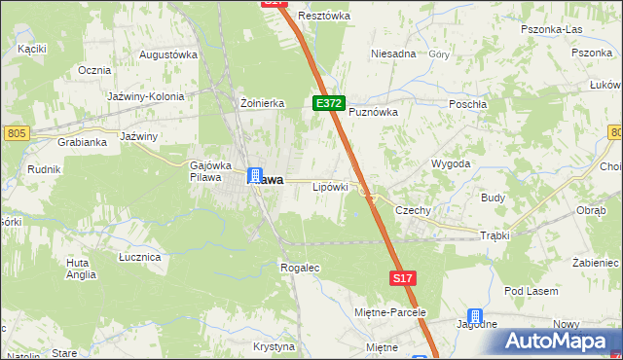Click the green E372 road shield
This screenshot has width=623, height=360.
328,102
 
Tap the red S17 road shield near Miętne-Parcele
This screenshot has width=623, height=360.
404,278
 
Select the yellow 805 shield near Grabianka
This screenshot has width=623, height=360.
15,132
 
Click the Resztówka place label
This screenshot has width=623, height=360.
324,16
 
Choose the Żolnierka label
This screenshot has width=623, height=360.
261,102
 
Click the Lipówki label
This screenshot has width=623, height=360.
330,186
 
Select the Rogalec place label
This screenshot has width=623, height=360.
299,267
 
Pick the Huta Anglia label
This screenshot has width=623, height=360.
81,269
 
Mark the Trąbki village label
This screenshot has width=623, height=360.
496,235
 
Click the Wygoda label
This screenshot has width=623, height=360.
451,163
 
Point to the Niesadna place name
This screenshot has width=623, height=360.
393,54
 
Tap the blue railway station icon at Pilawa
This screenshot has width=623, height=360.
255,176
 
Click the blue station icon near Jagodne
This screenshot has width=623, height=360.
475,316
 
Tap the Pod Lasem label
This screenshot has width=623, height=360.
530,291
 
